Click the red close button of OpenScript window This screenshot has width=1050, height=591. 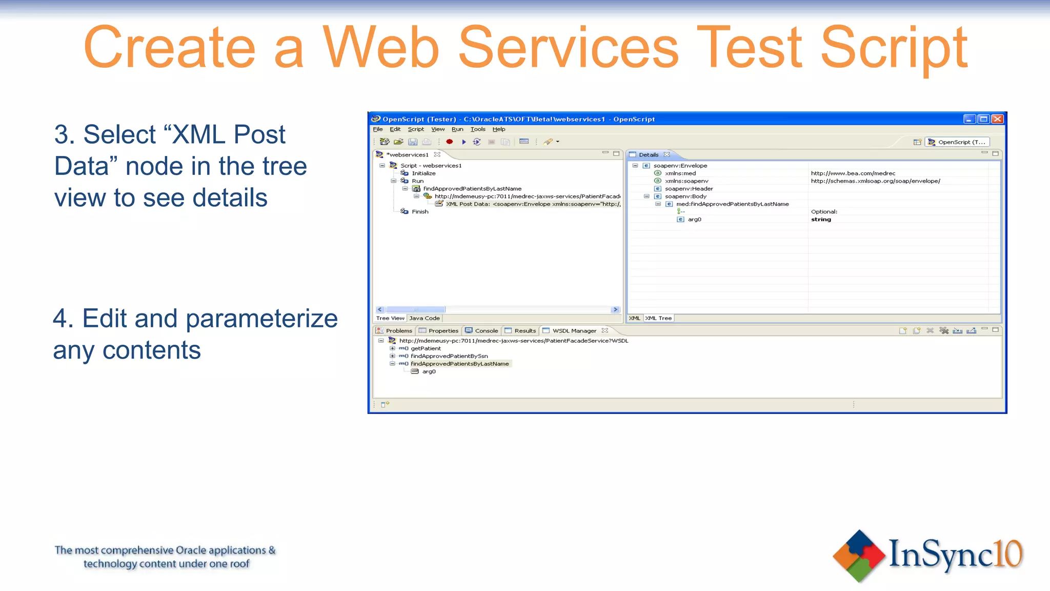[x=997, y=119]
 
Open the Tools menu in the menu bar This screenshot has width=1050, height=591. [x=478, y=129]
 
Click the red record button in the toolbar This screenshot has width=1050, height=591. [x=450, y=142]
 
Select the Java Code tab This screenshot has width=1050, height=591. [x=425, y=318]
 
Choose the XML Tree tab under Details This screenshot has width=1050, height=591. [x=658, y=318]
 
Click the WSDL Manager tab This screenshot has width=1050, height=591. [x=574, y=331]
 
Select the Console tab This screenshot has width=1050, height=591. [x=486, y=331]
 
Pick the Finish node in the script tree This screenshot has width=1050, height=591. [x=420, y=212]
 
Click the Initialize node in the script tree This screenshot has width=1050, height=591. [x=423, y=173]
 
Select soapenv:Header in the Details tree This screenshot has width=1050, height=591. [x=689, y=189]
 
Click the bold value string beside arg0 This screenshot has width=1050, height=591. [x=821, y=220]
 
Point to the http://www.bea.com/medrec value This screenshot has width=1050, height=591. [x=853, y=173]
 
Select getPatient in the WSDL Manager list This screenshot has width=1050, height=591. [x=426, y=348]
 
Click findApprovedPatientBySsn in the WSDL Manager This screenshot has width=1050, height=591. [x=449, y=356]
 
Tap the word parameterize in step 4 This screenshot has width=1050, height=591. [x=261, y=319]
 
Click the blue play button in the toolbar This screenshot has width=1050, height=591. [x=463, y=142]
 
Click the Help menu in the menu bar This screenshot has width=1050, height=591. [x=499, y=129]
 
